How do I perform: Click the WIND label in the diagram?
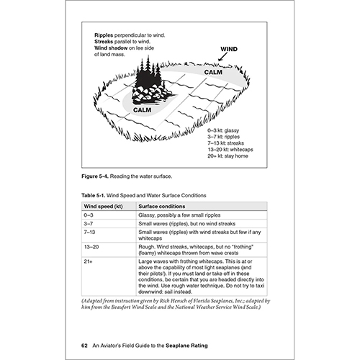point(229,49)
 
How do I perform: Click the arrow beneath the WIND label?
point(222,57)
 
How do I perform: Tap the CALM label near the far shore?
point(213,72)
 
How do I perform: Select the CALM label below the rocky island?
point(143,110)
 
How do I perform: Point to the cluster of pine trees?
point(148,71)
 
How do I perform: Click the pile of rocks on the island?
point(151,94)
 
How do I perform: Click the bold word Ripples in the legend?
point(104,35)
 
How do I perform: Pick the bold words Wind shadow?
point(111,48)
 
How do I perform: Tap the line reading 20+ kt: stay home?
point(228,156)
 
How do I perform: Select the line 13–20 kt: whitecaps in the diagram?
point(230,150)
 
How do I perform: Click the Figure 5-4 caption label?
point(95,176)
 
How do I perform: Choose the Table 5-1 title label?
point(94,195)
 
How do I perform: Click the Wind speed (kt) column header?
point(103,207)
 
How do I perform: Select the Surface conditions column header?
point(162,207)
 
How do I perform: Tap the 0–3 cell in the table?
point(89,215)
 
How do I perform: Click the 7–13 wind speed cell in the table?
point(89,233)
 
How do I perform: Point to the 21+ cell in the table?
point(88,261)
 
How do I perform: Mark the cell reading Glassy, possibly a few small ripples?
point(179,215)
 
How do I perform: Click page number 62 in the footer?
point(84,346)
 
